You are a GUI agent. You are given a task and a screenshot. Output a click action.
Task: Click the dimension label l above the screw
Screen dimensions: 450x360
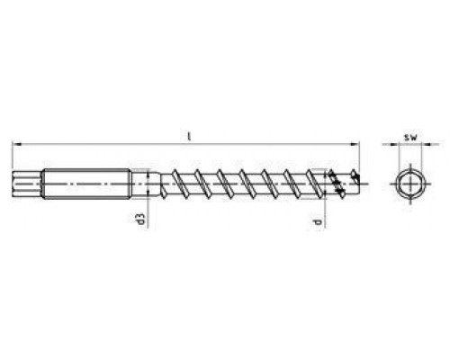(x=189, y=137)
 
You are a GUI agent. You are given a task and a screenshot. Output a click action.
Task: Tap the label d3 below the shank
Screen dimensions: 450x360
(x=141, y=219)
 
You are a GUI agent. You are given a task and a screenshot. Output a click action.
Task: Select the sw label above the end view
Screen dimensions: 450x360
(x=410, y=138)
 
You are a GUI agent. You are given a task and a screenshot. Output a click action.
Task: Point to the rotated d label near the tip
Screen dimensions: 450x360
(x=317, y=222)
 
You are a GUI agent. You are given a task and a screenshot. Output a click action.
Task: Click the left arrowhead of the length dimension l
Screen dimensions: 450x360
(x=16, y=144)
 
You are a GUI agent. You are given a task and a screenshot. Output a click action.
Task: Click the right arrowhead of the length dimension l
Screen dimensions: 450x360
(x=355, y=144)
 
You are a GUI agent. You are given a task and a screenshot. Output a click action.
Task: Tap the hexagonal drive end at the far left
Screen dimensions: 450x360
(x=26, y=184)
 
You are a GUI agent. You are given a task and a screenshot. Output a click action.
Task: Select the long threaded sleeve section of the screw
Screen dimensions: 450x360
(x=86, y=184)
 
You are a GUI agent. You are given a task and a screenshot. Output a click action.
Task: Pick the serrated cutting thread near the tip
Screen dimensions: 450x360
(x=336, y=184)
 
